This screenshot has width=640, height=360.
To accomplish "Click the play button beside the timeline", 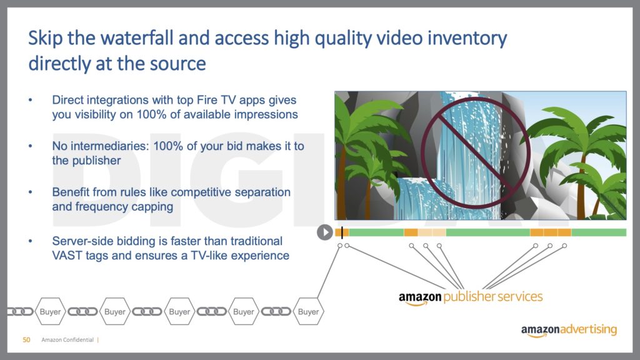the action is click(x=325, y=232).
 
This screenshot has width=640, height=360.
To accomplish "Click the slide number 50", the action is click(x=26, y=339).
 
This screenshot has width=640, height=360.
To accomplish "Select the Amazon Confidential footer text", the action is click(x=67, y=339).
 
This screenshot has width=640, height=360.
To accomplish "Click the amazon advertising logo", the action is click(x=569, y=330).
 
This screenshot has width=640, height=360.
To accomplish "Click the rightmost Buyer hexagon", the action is click(x=308, y=311).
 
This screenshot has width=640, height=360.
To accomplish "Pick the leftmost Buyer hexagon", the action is click(x=50, y=311).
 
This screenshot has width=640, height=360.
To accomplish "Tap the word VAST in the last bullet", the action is click(x=67, y=256).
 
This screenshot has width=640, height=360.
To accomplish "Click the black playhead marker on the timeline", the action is click(x=342, y=232).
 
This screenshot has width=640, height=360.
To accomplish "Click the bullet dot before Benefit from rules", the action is click(x=30, y=192).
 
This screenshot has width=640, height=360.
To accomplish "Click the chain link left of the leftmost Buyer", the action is click(x=20, y=312).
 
